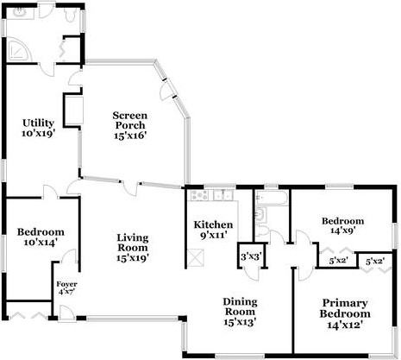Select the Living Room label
click(x=133, y=248)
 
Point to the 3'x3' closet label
click(x=250, y=256)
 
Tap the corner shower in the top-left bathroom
click(x=18, y=52)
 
